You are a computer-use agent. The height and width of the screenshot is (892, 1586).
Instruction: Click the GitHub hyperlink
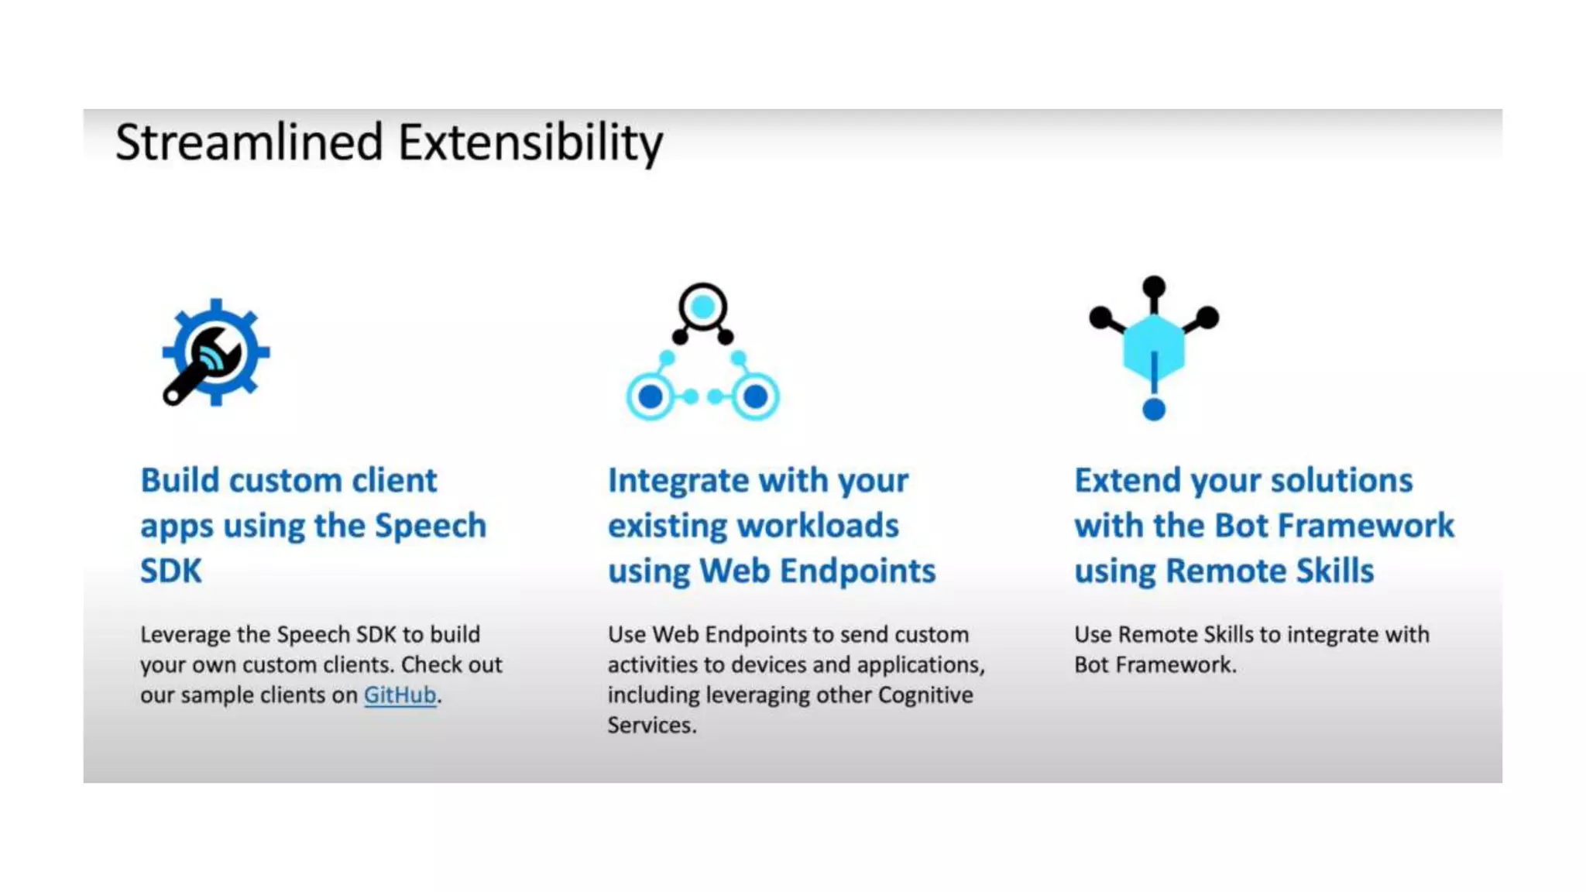coord(400,695)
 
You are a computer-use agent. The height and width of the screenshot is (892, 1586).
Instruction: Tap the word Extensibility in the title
coord(530,142)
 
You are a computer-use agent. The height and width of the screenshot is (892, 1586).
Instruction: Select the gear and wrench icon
coord(215,352)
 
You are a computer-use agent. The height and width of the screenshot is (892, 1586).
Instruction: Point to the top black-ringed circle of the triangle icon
coord(702,307)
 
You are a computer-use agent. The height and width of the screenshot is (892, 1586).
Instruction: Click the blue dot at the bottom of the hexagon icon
coord(1153,409)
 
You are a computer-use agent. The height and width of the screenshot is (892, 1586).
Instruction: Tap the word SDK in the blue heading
coord(171,571)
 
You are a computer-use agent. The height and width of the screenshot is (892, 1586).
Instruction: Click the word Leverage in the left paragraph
coord(185,635)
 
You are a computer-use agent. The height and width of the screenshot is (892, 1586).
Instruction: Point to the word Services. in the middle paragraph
coord(652,726)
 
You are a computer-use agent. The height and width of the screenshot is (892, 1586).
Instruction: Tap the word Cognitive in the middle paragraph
coord(925,695)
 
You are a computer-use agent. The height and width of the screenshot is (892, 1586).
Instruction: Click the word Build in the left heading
coord(180,480)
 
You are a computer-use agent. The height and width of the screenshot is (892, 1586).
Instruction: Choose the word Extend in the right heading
coord(1127,480)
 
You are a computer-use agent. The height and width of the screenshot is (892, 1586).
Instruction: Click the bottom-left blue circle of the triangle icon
coord(651,396)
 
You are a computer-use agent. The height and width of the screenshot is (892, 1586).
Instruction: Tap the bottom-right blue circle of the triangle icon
coord(755,396)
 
